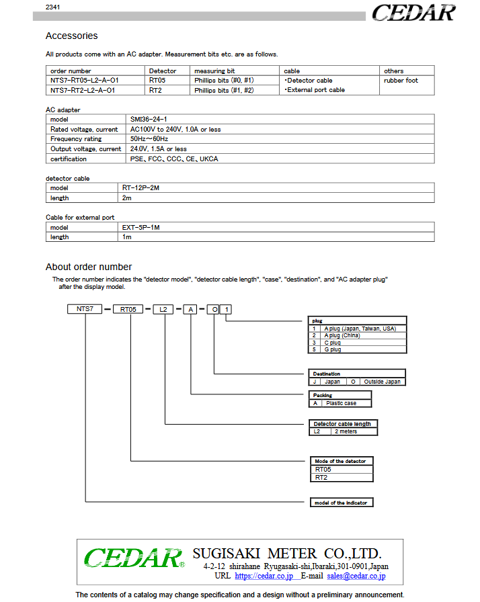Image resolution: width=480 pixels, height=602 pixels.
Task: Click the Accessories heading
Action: pyautogui.click(x=71, y=36)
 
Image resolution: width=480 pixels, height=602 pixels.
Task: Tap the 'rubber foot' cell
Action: pyautogui.click(x=401, y=81)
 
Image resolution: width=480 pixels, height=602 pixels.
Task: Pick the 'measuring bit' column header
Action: pyautogui.click(x=214, y=71)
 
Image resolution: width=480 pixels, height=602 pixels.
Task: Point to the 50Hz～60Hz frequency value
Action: pyautogui.click(x=149, y=139)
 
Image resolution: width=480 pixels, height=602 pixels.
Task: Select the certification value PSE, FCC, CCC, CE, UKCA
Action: pyautogui.click(x=174, y=159)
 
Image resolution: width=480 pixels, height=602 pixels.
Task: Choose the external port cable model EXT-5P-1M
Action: pyautogui.click(x=141, y=227)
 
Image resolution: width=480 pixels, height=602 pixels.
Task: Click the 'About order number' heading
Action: pyautogui.click(x=89, y=267)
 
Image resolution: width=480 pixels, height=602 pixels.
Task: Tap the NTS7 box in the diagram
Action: pyautogui.click(x=84, y=309)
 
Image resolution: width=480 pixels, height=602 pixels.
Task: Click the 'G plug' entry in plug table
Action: pyautogui.click(x=332, y=349)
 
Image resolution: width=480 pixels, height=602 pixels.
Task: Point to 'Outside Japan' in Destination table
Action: pyautogui.click(x=383, y=382)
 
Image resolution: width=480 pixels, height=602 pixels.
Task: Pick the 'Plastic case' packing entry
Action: pyautogui.click(x=341, y=403)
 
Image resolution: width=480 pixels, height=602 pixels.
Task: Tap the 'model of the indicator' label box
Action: pyautogui.click(x=341, y=503)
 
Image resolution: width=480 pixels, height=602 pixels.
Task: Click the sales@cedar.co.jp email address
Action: pyautogui.click(x=356, y=576)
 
